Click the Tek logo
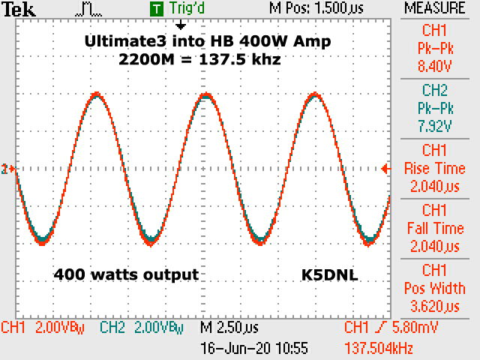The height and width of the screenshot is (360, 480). (16, 9)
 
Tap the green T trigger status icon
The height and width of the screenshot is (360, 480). (156, 9)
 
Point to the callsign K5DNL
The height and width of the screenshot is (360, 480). (325, 275)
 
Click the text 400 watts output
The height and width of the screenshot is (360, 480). (126, 275)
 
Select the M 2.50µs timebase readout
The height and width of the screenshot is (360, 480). (229, 328)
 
